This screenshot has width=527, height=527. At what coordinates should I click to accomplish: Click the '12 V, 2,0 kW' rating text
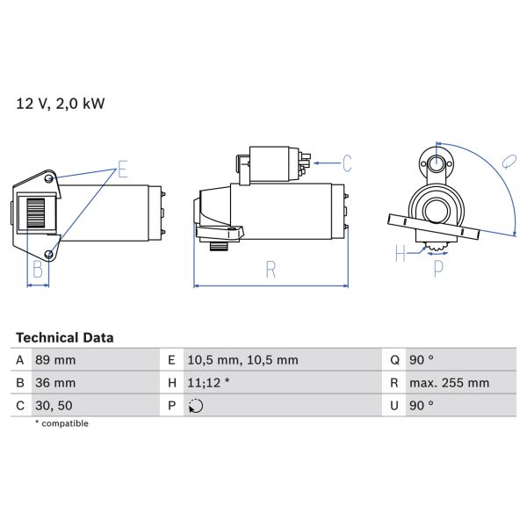point(61,104)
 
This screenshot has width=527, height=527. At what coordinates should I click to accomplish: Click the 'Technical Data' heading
point(64,337)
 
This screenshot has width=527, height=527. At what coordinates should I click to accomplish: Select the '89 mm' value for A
point(55,360)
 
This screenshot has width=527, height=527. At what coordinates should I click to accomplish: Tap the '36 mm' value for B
point(55,383)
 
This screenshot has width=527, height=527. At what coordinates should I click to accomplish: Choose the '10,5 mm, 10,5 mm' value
point(242,360)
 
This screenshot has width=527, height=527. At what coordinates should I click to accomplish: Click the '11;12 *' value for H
point(209,383)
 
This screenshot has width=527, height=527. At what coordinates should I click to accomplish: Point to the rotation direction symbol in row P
point(195,406)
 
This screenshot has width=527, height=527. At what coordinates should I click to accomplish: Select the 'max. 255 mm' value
point(451,383)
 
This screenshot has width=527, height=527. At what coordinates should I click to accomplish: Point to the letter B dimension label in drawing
point(38,270)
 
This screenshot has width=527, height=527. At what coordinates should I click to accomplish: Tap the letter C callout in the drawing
point(347,162)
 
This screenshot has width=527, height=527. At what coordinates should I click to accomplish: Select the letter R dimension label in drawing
point(271,271)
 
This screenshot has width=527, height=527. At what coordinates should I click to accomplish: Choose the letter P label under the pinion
point(438,270)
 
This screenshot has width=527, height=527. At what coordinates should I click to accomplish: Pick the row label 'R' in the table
point(394,383)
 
